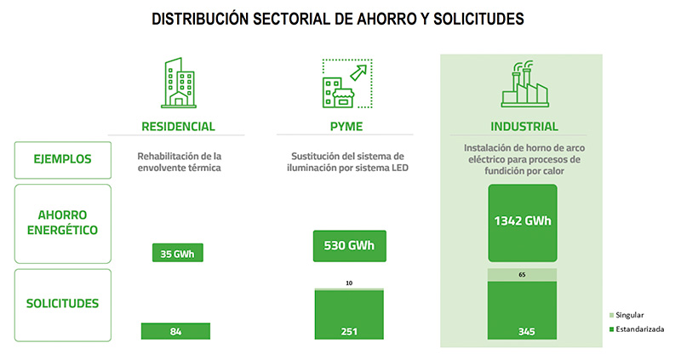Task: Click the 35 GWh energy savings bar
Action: pos(178,253)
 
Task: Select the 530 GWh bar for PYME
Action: pos(349,248)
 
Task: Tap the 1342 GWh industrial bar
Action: pos(523,222)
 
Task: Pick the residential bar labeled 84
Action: pos(175,331)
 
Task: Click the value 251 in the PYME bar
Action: pos(349,331)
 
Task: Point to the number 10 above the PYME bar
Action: pos(349,283)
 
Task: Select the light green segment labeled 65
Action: pos(521,276)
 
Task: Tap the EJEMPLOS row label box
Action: pos(62,159)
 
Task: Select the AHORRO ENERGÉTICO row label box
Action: pos(62,222)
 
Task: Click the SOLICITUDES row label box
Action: pos(62,303)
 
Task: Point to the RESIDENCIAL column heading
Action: pos(178,127)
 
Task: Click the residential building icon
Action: pos(178,84)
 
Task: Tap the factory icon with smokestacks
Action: pos(521,83)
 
